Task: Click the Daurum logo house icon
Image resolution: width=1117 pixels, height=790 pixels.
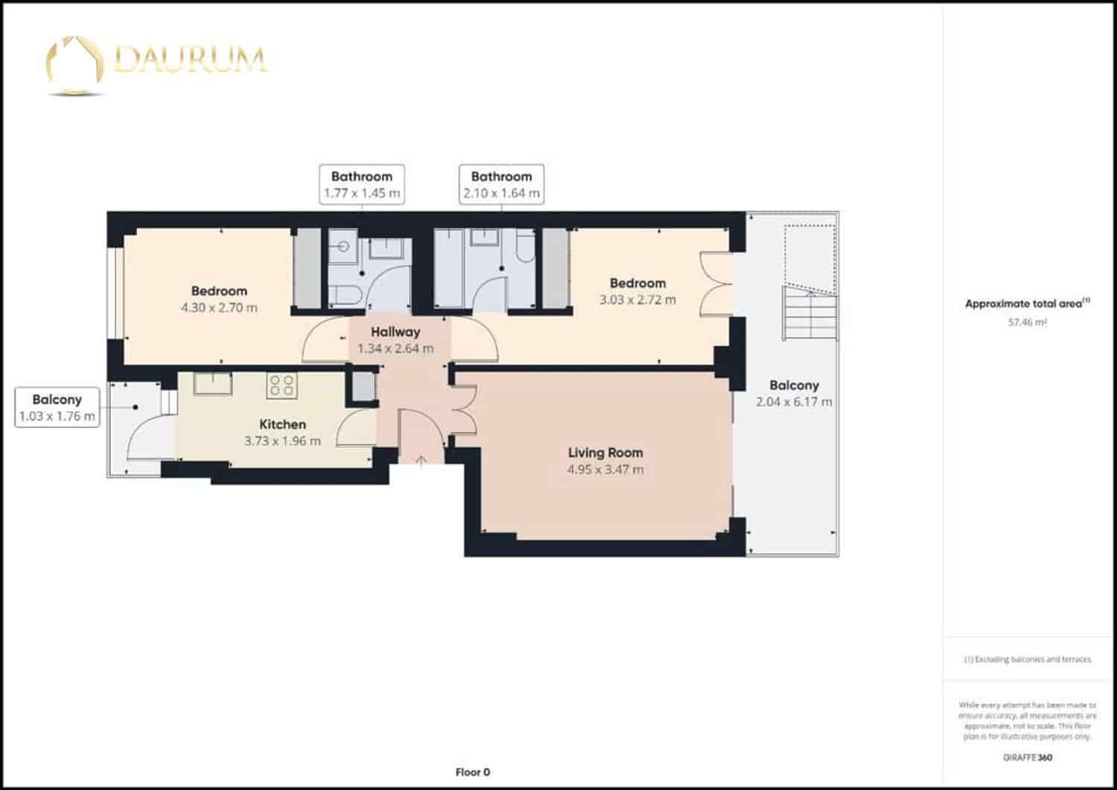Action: click(74, 63)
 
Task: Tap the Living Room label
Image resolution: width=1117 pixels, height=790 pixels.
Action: click(605, 453)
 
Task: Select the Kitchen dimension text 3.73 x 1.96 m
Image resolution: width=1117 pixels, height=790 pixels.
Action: click(282, 441)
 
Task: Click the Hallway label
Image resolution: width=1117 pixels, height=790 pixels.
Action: click(395, 332)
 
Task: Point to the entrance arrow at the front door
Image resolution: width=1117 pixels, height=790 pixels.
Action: click(421, 462)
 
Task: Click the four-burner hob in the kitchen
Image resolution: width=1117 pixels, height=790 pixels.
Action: click(281, 385)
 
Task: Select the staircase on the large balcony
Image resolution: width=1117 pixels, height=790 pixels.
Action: click(809, 313)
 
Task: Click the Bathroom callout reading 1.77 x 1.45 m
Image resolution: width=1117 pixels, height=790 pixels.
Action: click(362, 185)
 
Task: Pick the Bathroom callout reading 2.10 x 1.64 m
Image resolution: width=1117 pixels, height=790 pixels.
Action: click(501, 185)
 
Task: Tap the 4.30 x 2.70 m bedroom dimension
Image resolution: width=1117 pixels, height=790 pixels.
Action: click(219, 308)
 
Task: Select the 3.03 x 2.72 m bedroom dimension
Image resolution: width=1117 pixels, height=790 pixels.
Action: click(637, 300)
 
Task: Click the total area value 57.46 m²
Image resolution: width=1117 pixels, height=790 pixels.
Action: click(1027, 322)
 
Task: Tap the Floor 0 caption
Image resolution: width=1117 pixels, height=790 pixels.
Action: click(472, 772)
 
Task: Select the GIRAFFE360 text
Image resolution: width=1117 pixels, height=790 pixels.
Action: click(1027, 758)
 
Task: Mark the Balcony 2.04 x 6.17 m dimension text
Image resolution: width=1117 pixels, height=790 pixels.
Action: click(794, 402)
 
